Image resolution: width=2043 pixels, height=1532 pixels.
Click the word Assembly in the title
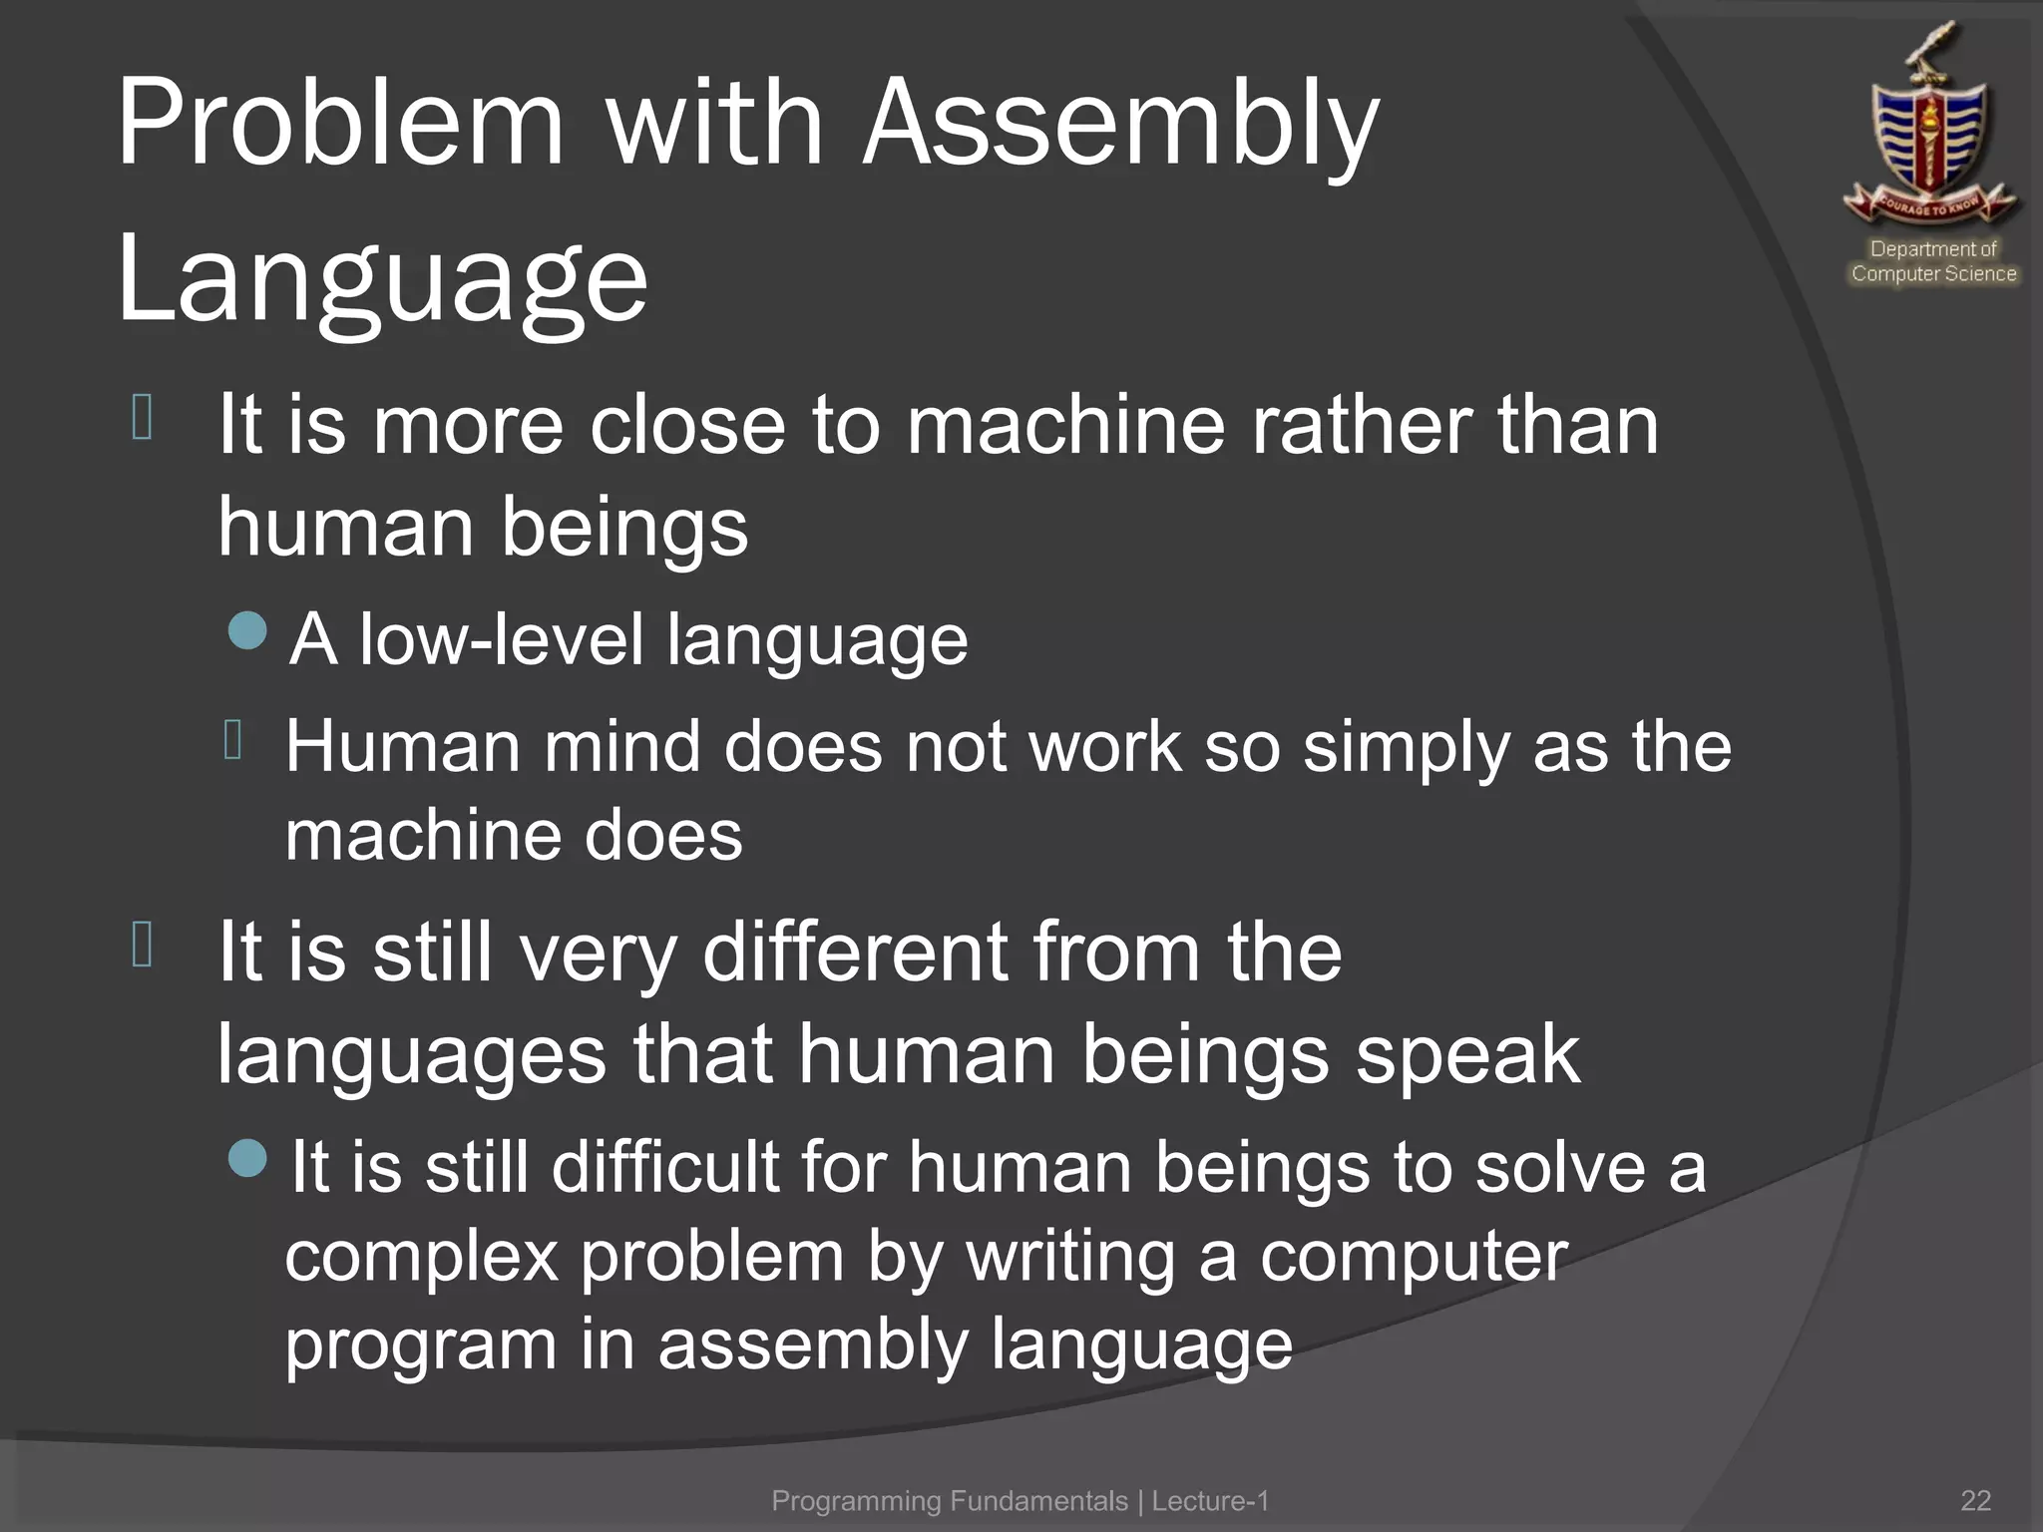pos(1119,125)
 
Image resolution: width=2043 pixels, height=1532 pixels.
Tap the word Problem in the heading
pos(340,125)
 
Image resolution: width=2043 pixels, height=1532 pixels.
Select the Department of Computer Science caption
pos(1933,261)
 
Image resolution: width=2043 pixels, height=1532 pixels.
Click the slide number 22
pos(1975,1501)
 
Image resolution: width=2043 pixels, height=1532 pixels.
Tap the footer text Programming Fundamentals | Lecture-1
pos(1020,1501)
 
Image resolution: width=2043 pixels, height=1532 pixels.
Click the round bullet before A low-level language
pos(247,630)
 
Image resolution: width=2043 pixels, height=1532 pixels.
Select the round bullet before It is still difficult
pos(247,1158)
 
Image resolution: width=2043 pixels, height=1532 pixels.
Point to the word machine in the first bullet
pos(1064,426)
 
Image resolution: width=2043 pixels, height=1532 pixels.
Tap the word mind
pos(620,747)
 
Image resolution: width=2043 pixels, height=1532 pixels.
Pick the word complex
pos(421,1257)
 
